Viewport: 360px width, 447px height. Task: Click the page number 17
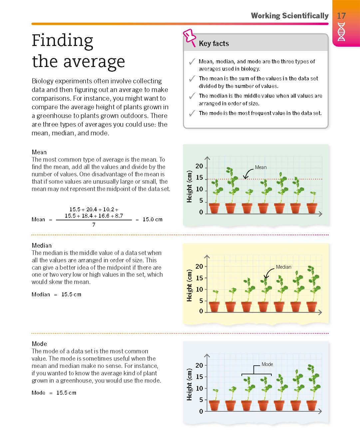341,16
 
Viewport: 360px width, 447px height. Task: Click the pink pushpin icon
190,37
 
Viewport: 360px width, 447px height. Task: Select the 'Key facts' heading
214,44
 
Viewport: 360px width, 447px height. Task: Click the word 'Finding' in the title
62,41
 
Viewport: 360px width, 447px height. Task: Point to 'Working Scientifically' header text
289,16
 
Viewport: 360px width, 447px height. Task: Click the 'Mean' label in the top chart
261,167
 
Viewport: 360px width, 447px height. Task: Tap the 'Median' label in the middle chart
283,267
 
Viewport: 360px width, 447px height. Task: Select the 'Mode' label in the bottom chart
267,364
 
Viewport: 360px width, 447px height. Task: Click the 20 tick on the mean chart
199,166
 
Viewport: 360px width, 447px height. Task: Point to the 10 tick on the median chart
199,289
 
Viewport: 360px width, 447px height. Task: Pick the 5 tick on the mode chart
201,400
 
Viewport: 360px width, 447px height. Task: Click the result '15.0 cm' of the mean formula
153,219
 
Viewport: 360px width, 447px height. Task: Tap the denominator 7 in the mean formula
94,225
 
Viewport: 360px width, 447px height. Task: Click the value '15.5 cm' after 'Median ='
71,294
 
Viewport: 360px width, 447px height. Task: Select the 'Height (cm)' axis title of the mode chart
189,384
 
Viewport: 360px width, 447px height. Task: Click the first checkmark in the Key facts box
192,62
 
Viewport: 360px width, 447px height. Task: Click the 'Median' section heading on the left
42,246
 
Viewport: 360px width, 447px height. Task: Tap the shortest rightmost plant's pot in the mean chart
312,208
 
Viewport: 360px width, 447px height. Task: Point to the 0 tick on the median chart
201,311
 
